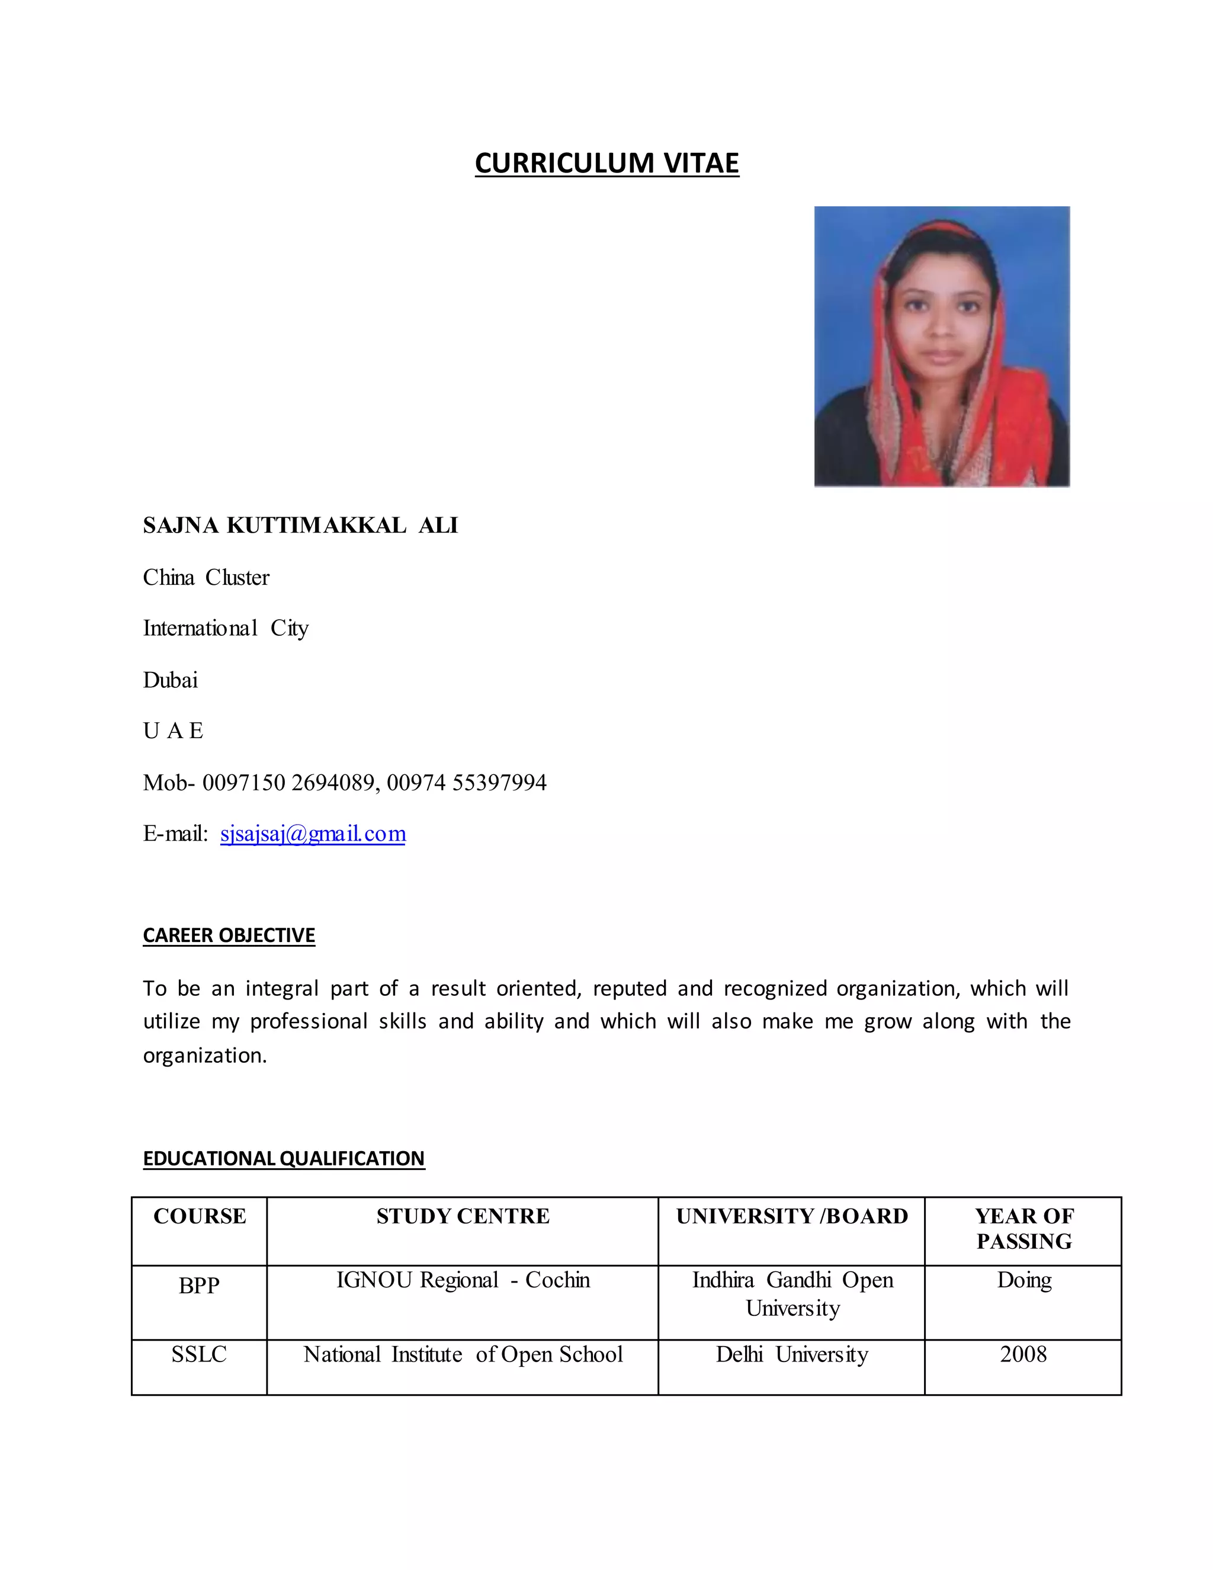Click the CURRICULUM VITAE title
click(x=606, y=163)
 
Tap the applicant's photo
click(x=941, y=347)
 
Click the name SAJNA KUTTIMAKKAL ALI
click(x=300, y=526)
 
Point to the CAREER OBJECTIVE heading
click(x=229, y=935)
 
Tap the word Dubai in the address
click(x=171, y=680)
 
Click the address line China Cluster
click(x=206, y=577)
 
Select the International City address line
click(x=226, y=628)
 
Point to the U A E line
click(x=173, y=731)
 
